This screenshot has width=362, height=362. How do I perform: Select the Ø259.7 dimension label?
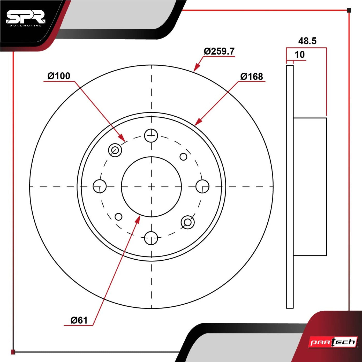[219, 51]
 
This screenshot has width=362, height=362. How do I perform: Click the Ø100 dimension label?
[59, 76]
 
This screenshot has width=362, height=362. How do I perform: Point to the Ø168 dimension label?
[252, 77]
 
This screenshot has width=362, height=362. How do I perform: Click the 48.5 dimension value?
[307, 41]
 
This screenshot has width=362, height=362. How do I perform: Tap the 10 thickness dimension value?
[300, 55]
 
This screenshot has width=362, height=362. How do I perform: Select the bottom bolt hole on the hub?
[151, 238]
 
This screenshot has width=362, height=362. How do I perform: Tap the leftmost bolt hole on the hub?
[100, 186]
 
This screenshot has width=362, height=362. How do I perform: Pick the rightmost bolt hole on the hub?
[202, 186]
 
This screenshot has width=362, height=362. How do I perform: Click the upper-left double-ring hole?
[115, 150]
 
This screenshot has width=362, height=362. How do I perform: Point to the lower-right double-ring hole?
[187, 222]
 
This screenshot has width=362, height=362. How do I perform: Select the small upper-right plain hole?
[183, 157]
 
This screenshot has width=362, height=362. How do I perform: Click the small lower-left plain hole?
[118, 217]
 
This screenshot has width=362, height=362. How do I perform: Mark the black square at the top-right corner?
[349, 10]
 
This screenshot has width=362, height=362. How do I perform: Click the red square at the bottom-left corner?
[13, 352]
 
